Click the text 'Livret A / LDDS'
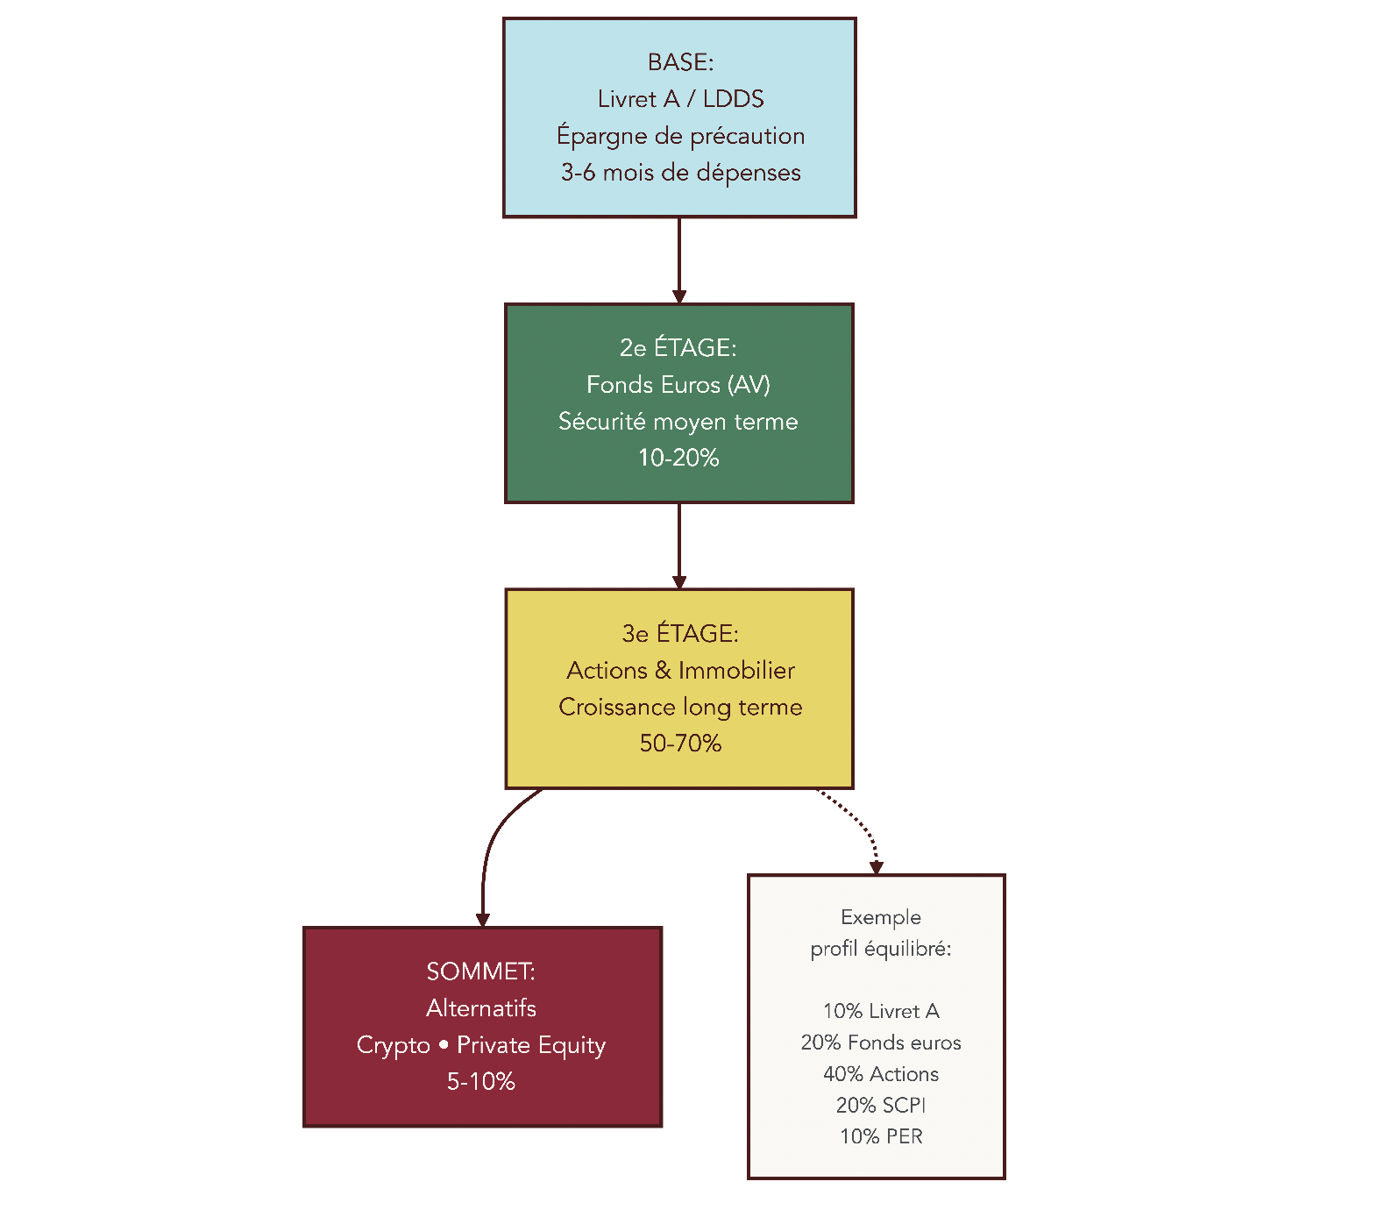(x=680, y=99)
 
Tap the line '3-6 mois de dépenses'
(x=680, y=173)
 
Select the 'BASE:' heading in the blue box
(x=680, y=62)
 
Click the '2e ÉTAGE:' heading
(x=678, y=348)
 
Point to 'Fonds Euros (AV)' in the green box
(x=678, y=385)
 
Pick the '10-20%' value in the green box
(x=678, y=458)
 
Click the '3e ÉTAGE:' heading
(x=680, y=634)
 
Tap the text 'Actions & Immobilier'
(x=680, y=671)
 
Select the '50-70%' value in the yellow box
(x=680, y=744)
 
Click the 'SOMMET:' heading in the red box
(x=480, y=972)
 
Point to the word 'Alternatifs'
(x=480, y=1008)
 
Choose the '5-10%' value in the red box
(x=480, y=1082)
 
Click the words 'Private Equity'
(x=531, y=1045)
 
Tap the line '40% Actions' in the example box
(x=880, y=1074)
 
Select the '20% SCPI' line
(x=880, y=1105)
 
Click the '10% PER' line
(x=880, y=1136)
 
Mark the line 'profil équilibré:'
(x=880, y=949)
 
